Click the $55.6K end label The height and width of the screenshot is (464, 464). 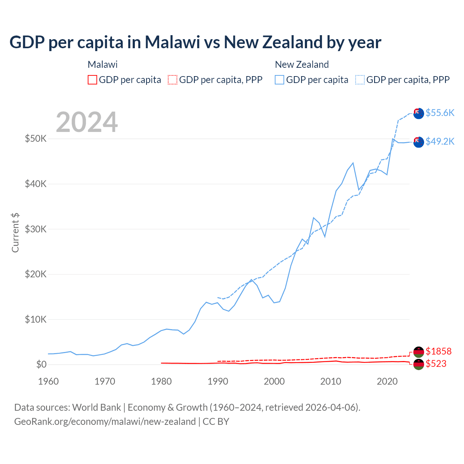440,113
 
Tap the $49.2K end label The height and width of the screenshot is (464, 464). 440,141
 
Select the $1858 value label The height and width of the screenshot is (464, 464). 438,351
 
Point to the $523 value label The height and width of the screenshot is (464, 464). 436,364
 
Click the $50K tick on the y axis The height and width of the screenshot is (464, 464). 36,138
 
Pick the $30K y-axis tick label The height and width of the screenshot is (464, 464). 36,229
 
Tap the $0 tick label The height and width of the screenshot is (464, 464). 41,364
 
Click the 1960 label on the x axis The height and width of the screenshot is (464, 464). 48,381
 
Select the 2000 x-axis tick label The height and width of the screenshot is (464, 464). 274,381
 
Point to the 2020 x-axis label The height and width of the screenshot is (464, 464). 387,381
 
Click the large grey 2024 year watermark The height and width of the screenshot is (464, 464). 87,122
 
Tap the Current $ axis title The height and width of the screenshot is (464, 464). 15,232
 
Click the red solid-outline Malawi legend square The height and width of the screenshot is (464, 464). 92,80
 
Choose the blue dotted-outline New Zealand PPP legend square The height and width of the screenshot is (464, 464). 360,80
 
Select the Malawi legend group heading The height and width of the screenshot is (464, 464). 103,65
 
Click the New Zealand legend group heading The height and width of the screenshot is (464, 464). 302,65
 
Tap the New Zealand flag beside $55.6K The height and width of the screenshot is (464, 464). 419,113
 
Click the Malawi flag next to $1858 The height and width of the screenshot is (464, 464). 419,352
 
